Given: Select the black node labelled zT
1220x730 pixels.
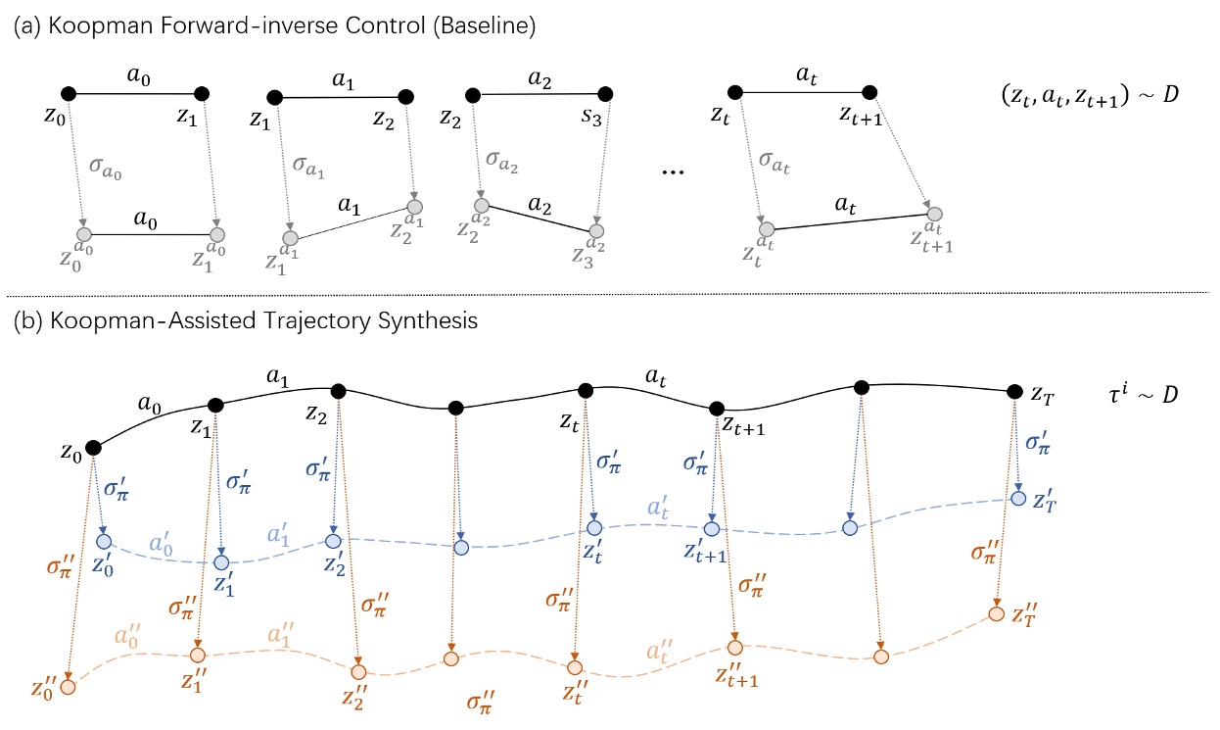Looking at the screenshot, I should [1015, 391].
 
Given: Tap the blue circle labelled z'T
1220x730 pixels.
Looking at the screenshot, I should [1017, 499].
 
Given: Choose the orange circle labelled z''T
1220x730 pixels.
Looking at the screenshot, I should [996, 614].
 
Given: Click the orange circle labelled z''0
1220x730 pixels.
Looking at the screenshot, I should [68, 686].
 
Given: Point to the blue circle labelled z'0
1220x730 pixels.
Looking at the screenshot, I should [103, 543].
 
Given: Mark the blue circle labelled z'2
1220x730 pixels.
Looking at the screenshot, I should [334, 541].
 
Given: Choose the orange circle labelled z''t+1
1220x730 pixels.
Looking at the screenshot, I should [734, 648].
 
